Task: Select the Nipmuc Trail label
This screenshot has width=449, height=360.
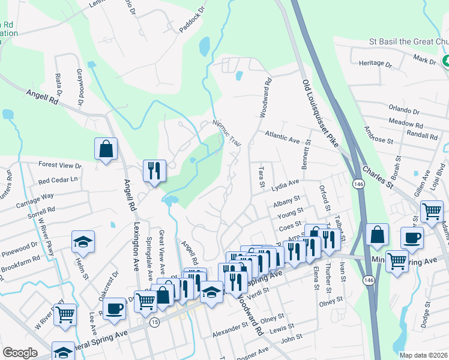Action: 227,134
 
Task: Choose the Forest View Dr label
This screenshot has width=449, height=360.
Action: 59,165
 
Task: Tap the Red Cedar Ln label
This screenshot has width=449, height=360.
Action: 58,180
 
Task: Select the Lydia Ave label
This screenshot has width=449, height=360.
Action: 285,184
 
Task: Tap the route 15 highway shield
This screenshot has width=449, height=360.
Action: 155,322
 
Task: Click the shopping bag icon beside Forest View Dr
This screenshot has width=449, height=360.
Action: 106,149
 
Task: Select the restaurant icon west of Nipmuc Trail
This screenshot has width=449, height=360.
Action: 154,170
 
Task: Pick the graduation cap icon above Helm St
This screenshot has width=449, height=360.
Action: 83,242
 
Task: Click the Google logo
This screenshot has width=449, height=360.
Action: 20,353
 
